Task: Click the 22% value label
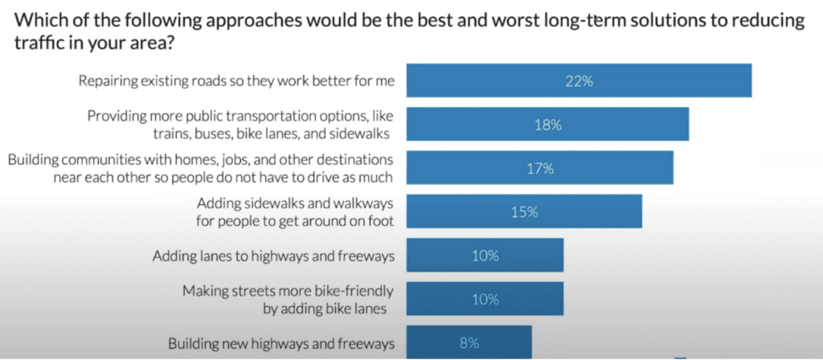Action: coord(579,81)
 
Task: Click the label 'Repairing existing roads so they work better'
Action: coord(237,81)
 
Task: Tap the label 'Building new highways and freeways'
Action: coord(282,344)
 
